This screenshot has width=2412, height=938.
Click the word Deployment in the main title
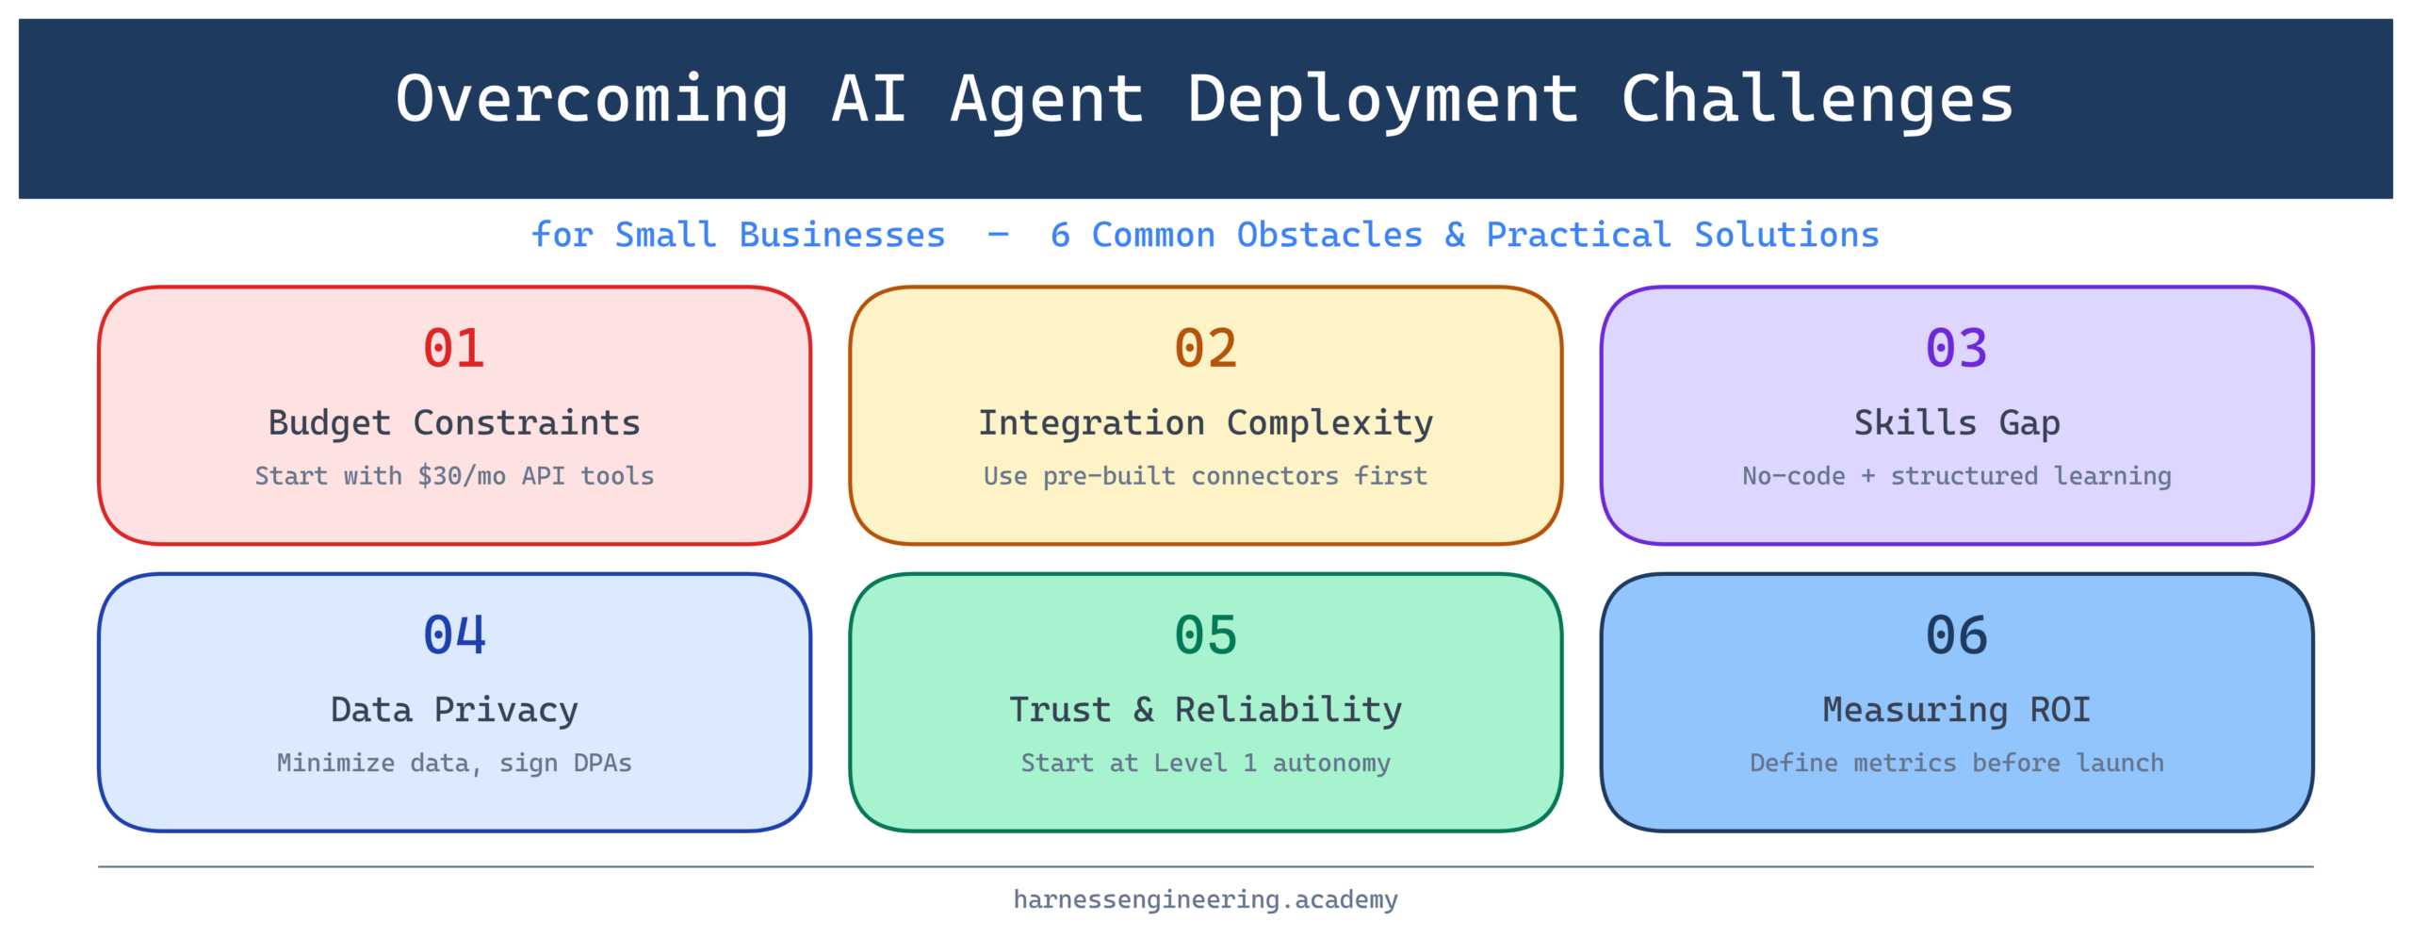1382,100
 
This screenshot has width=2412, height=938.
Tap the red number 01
454,348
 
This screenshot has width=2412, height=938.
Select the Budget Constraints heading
454,423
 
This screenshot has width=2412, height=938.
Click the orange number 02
1205,348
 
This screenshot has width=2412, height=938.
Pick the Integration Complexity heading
1205,423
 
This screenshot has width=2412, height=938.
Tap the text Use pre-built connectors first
1205,476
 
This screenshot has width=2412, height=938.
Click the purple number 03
1956,348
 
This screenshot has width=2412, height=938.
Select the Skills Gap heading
1956,423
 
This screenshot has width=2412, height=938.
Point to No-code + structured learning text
1956,476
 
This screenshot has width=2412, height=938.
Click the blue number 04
454,634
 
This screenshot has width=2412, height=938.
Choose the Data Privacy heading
454,710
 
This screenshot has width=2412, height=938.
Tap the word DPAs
602,763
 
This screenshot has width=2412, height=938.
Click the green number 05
1205,634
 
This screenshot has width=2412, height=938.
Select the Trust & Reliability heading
1205,710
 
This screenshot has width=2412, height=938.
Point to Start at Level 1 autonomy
1205,763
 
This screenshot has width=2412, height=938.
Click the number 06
1956,634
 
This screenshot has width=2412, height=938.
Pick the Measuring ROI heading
1956,710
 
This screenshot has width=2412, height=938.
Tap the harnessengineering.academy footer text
1205,899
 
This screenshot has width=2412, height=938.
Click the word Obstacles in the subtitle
1328,235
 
